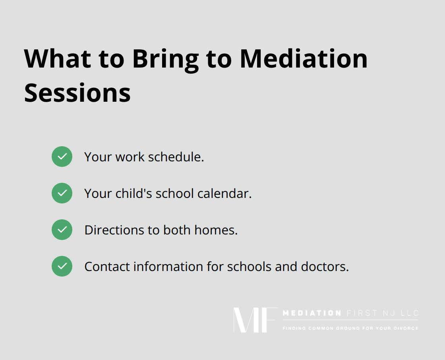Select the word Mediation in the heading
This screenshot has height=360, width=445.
[x=304, y=59]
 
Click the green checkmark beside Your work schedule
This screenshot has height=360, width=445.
[x=62, y=157]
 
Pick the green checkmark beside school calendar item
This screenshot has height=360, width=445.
[x=62, y=193]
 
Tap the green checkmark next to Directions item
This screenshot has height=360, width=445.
[x=62, y=230]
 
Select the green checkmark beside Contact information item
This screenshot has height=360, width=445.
[x=62, y=266]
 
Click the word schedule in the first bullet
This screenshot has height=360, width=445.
[x=176, y=157]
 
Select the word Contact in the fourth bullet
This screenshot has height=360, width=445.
[x=107, y=267]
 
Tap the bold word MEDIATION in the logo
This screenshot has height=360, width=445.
[x=312, y=313]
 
